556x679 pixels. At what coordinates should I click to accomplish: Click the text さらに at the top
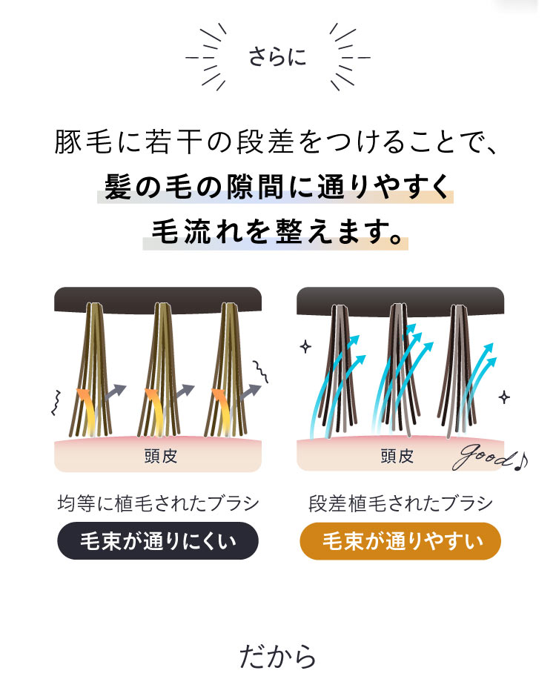coord(277,57)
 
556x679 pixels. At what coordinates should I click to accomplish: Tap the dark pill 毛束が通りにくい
coord(158,541)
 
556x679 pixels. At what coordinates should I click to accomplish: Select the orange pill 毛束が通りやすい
coord(400,541)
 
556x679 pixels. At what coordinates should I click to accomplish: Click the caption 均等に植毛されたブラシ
coord(158,504)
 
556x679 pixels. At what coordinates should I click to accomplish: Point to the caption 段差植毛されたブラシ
coord(400,504)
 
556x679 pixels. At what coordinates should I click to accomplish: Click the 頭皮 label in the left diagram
coord(161,456)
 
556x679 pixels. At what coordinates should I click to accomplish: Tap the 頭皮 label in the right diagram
coord(397,456)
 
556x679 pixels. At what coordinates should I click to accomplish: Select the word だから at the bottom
coord(277,655)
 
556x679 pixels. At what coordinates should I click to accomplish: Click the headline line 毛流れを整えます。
coord(276,231)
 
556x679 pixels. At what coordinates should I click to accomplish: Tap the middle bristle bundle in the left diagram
coord(165,371)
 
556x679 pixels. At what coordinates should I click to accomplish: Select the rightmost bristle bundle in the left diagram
coord(230,371)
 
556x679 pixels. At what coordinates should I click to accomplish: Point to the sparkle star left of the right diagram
coord(305,346)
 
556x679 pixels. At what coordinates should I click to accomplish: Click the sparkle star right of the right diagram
coord(504,397)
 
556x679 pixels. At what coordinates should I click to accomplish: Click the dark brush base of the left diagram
coord(158,297)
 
